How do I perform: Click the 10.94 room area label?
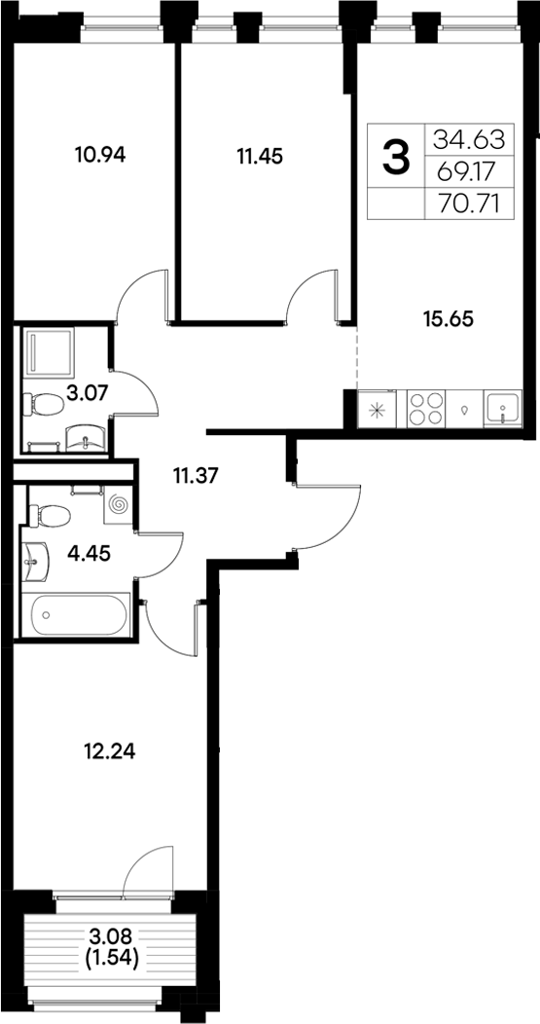tap(101, 153)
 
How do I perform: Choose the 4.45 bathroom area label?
tap(88, 554)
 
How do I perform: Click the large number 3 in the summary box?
tap(396, 157)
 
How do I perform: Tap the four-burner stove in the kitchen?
tap(426, 409)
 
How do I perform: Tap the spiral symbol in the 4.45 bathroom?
tap(119, 505)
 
